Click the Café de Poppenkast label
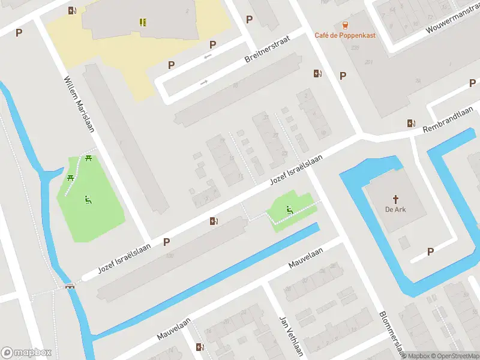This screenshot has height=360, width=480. pos(345,35)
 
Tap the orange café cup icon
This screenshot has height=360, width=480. pos(345,25)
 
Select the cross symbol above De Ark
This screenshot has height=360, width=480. pos(396,199)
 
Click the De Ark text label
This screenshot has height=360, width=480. pos(396,209)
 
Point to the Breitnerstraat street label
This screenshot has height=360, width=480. pos(268,49)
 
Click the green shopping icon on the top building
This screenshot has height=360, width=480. pos(143,22)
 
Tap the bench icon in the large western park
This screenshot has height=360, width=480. pos(88,199)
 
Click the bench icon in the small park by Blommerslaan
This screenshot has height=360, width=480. pos(289,209)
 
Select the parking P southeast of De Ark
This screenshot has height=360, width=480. pos(430,251)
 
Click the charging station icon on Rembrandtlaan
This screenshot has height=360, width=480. pos(411,123)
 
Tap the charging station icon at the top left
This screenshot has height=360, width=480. pos(72,10)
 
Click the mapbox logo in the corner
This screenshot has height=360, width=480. pos(26,353)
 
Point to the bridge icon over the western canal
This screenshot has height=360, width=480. pos(70,286)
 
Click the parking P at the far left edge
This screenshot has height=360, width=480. pos(19,32)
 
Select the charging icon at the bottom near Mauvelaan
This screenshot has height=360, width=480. pos(200,347)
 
